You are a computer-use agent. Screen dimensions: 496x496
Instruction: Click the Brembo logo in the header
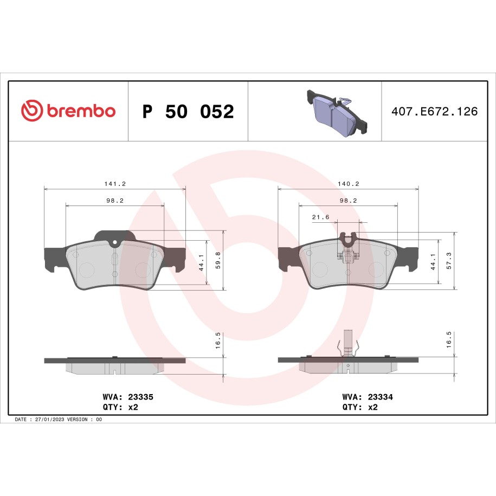pyautogui.click(x=68, y=111)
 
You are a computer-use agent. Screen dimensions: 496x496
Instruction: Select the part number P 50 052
pyautogui.click(x=188, y=112)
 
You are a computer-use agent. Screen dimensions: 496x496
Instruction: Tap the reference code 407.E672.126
pyautogui.click(x=434, y=112)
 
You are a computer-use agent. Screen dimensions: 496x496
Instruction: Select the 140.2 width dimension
pyautogui.click(x=348, y=184)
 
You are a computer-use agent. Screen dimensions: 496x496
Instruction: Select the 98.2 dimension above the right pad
pyautogui.click(x=347, y=201)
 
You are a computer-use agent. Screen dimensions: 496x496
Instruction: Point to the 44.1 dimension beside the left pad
pyautogui.click(x=201, y=262)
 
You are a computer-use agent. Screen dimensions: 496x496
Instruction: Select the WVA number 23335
pyautogui.click(x=140, y=397)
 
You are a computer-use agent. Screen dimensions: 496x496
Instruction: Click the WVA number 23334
pyautogui.click(x=379, y=397)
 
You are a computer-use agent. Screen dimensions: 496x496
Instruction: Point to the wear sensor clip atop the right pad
pyautogui.click(x=347, y=243)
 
